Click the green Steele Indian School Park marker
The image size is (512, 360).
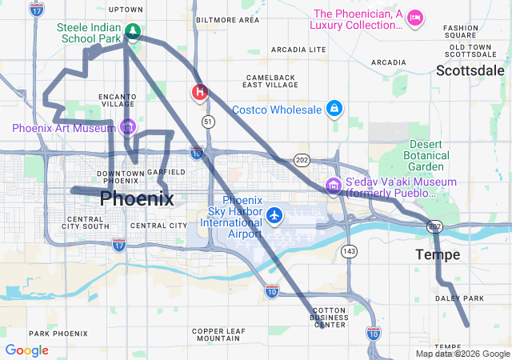tap(134, 33)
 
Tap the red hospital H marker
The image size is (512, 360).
tap(199, 92)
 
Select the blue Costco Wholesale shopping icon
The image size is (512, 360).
tap(334, 109)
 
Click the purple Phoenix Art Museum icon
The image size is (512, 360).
tap(127, 127)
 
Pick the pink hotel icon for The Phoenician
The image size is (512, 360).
tap(414, 18)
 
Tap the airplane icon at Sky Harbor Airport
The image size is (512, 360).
tap(275, 214)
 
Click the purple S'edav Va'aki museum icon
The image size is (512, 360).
tap(333, 186)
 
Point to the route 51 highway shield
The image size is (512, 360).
tap(208, 121)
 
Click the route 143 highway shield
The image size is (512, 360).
tap(348, 251)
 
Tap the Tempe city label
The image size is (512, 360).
tap(438, 254)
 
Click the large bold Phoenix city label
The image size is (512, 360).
tap(137, 198)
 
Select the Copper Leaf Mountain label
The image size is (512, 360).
tap(219, 334)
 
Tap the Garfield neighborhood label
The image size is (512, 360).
tap(167, 172)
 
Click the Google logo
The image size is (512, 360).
tap(26, 350)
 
